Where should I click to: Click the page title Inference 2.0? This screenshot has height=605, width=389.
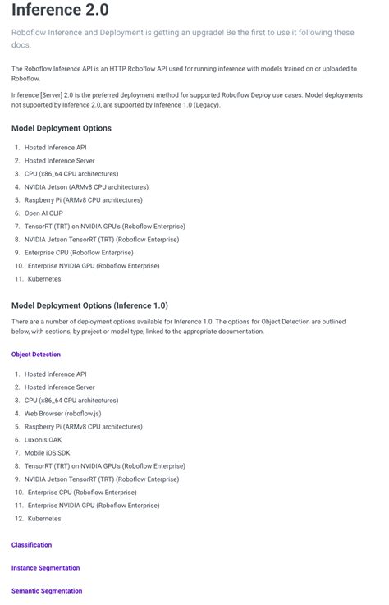(x=60, y=11)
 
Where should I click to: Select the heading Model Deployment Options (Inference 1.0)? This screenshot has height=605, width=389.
(x=89, y=305)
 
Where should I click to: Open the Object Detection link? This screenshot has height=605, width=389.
(x=36, y=355)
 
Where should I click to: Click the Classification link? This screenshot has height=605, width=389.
(x=31, y=545)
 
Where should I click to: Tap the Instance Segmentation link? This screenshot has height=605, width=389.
(x=45, y=568)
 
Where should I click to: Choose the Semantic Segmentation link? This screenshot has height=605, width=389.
(x=47, y=591)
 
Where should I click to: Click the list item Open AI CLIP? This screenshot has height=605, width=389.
(x=43, y=213)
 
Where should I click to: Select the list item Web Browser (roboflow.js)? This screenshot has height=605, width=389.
(x=62, y=414)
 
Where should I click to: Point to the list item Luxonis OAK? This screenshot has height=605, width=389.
(x=43, y=440)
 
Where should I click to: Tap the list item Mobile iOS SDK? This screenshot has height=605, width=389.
(x=48, y=453)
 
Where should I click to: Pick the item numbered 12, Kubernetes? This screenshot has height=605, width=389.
(x=44, y=519)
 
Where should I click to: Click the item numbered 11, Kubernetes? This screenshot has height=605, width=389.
(x=44, y=279)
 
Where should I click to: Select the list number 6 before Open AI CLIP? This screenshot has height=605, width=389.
(x=16, y=213)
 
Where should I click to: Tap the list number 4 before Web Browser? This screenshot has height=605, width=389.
(x=16, y=414)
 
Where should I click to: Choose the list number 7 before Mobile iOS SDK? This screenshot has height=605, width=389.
(x=16, y=453)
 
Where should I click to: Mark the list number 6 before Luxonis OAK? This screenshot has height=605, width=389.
(x=16, y=440)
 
